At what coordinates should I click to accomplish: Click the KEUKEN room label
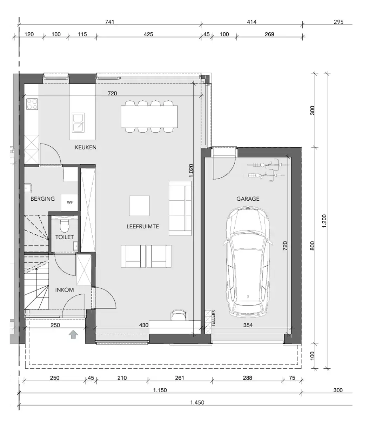(x=86, y=147)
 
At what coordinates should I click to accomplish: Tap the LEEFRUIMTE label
(x=143, y=227)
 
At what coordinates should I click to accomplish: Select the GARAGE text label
(x=248, y=199)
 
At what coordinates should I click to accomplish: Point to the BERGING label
(x=42, y=199)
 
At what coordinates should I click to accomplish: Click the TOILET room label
(x=65, y=237)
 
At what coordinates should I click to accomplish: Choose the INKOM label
(x=65, y=290)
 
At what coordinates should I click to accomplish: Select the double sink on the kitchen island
(x=78, y=122)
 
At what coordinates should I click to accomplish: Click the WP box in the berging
(x=70, y=202)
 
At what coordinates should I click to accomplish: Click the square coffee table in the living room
(x=139, y=206)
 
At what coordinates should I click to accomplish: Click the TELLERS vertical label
(x=213, y=318)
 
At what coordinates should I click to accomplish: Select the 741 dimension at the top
(x=110, y=22)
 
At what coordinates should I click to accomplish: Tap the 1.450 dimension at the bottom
(x=197, y=403)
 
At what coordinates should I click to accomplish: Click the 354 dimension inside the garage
(x=248, y=325)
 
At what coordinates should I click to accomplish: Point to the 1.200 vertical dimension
(x=324, y=221)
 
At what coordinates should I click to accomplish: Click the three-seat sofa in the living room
(x=180, y=208)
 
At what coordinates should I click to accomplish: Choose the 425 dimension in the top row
(x=148, y=34)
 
